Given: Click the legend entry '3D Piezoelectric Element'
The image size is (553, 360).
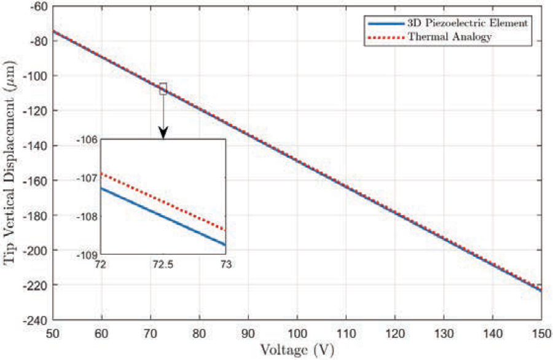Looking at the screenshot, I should click(x=467, y=23).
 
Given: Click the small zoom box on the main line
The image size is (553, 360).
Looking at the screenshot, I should click(x=163, y=88).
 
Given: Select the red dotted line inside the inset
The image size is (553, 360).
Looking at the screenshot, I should click(x=163, y=200).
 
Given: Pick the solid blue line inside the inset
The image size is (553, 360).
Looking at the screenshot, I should click(x=163, y=216).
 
